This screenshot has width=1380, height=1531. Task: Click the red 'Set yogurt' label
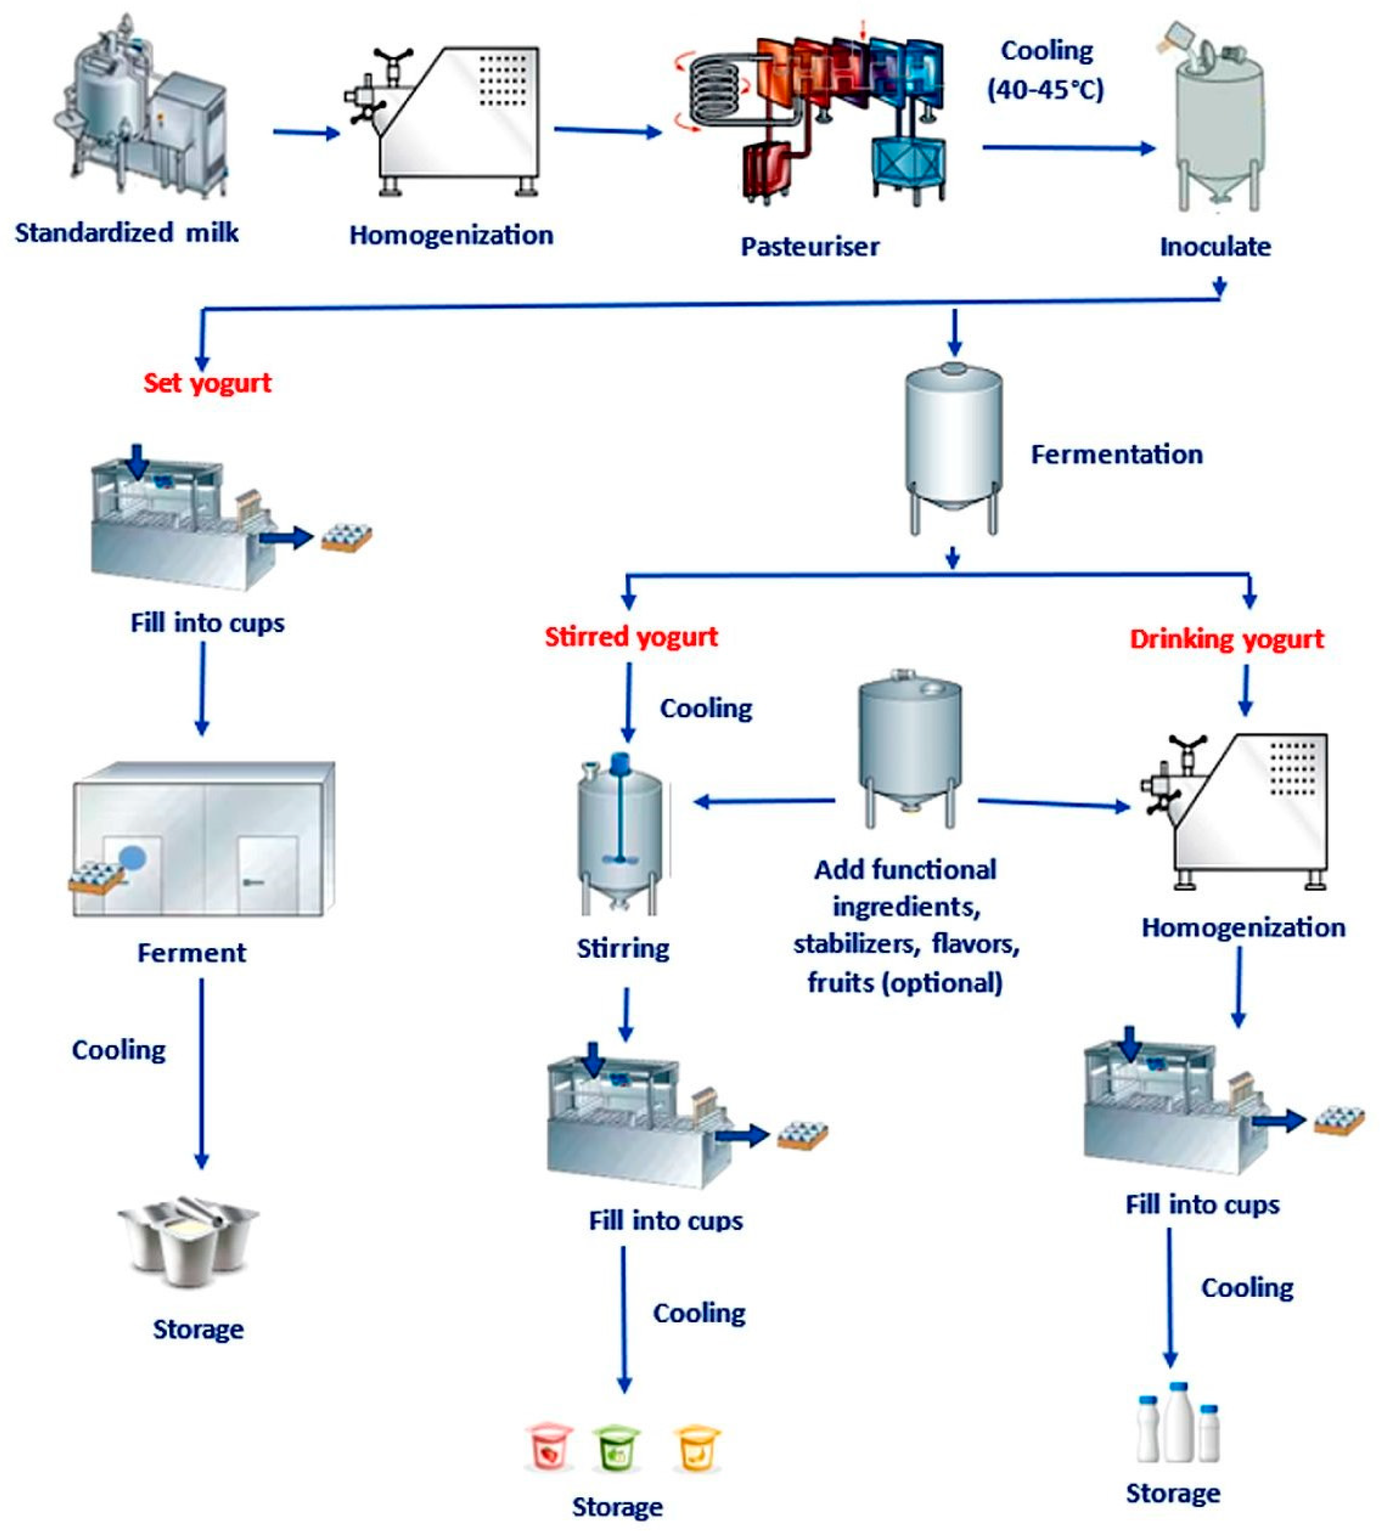click(x=207, y=383)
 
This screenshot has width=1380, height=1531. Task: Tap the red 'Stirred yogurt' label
click(x=631, y=637)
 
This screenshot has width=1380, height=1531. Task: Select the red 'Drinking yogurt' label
click(x=1226, y=639)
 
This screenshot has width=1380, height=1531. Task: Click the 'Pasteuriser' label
click(x=810, y=247)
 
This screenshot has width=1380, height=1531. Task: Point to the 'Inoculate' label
click(x=1215, y=247)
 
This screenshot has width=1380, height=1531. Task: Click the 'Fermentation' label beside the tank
click(x=1116, y=455)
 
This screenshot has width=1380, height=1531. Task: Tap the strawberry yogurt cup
click(x=548, y=1446)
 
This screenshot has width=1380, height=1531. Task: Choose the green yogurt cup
click(x=616, y=1446)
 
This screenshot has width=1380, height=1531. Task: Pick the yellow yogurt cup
click(x=696, y=1446)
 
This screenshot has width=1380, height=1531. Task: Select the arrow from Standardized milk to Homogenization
click(x=306, y=133)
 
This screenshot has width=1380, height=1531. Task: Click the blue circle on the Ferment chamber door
click(x=133, y=858)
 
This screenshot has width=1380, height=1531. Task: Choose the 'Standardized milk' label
click(x=127, y=233)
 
